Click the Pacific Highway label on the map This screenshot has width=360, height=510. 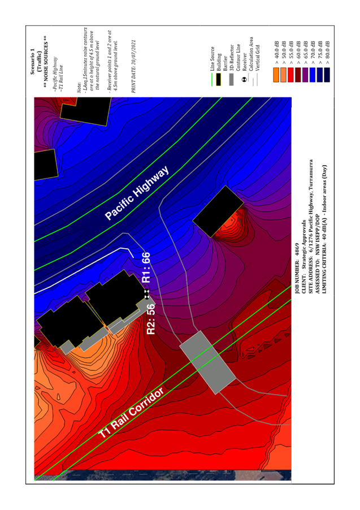click(x=137, y=193)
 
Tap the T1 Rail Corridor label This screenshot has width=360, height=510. click(x=131, y=413)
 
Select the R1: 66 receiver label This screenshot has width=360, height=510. click(x=146, y=267)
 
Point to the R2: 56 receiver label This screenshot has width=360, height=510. click(x=151, y=319)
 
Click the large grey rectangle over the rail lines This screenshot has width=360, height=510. click(x=207, y=362)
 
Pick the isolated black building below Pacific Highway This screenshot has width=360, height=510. click(x=218, y=211)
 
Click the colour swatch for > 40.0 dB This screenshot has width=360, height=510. click(x=276, y=75)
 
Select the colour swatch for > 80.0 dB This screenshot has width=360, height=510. click(x=327, y=75)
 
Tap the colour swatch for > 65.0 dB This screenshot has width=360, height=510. click(x=305, y=75)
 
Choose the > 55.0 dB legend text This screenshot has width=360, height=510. click(x=290, y=53)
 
